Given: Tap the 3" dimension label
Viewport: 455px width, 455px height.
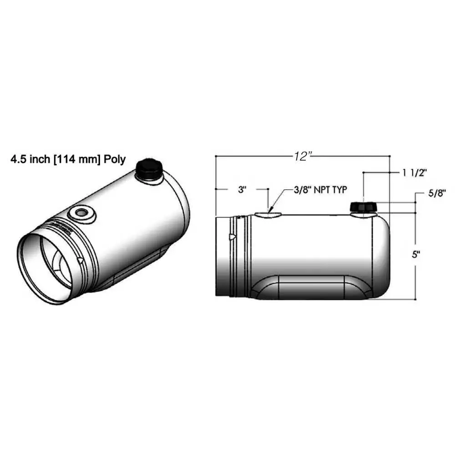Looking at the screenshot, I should tap(242, 189).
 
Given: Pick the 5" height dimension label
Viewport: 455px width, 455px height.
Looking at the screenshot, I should tap(416, 255).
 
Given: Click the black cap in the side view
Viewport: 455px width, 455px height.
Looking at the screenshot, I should tap(364, 207).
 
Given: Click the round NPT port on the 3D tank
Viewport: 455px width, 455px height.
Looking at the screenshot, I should tap(81, 213).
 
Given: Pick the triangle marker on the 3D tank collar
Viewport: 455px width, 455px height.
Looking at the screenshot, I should tap(81, 261).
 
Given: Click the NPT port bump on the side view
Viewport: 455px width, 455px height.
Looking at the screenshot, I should tap(268, 214).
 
